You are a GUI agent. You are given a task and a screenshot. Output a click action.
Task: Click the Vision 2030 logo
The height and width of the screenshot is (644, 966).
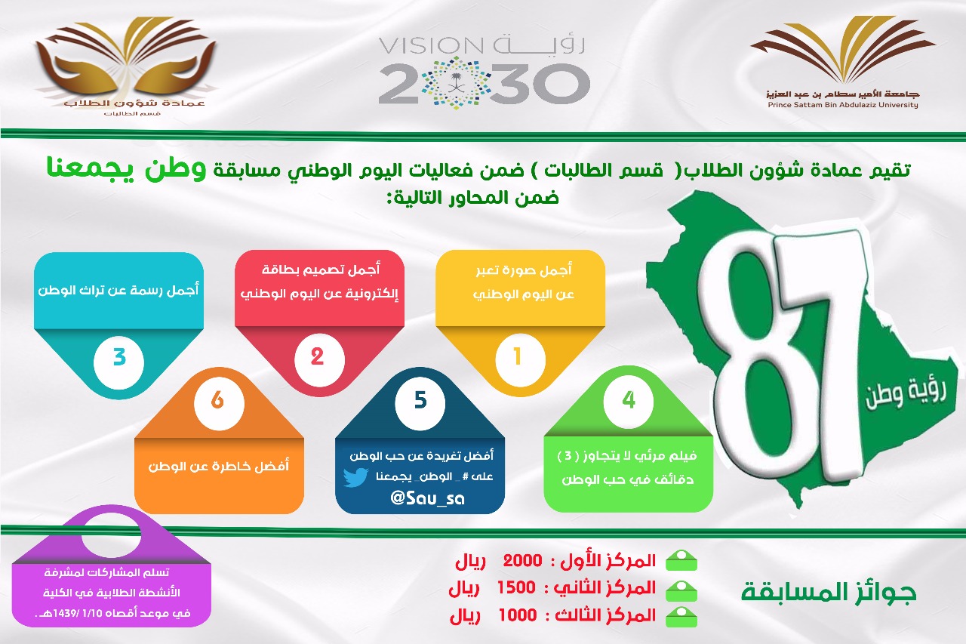tap(484, 72)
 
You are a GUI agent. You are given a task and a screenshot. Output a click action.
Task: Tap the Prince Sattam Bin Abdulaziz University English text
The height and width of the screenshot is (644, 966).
tap(843, 105)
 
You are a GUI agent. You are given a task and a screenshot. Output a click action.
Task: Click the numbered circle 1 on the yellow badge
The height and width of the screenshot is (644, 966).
tap(520, 357)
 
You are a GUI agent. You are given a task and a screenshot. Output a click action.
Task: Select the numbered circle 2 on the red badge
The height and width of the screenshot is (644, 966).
tap(319, 358)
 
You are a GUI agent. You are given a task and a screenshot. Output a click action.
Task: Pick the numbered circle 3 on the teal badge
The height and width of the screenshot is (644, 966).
tap(118, 359)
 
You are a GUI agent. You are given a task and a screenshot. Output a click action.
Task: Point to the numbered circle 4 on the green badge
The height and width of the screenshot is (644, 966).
tap(629, 400)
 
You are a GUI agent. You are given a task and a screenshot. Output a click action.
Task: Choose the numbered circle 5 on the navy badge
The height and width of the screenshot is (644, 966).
tap(420, 401)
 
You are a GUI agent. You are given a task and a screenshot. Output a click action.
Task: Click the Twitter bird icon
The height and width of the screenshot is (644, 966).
tap(355, 477)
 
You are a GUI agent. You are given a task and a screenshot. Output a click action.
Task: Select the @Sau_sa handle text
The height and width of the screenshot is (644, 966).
tap(427, 498)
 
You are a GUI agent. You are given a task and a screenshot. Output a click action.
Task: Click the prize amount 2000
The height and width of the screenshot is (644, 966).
tap(523, 561)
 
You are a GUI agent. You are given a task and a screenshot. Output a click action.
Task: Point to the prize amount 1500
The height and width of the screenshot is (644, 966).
tap(516, 587)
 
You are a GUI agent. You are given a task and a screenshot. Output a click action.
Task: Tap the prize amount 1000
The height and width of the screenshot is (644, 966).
tap(518, 615)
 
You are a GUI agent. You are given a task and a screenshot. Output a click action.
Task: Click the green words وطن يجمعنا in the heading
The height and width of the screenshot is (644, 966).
tap(126, 170)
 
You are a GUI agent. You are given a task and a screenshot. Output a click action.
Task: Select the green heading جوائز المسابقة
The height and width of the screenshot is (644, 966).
tap(829, 593)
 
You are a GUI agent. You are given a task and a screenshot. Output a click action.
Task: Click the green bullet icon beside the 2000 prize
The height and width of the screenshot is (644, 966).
tap(681, 561)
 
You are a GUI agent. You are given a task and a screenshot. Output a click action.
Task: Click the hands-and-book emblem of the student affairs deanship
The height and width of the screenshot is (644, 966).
tap(125, 60)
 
